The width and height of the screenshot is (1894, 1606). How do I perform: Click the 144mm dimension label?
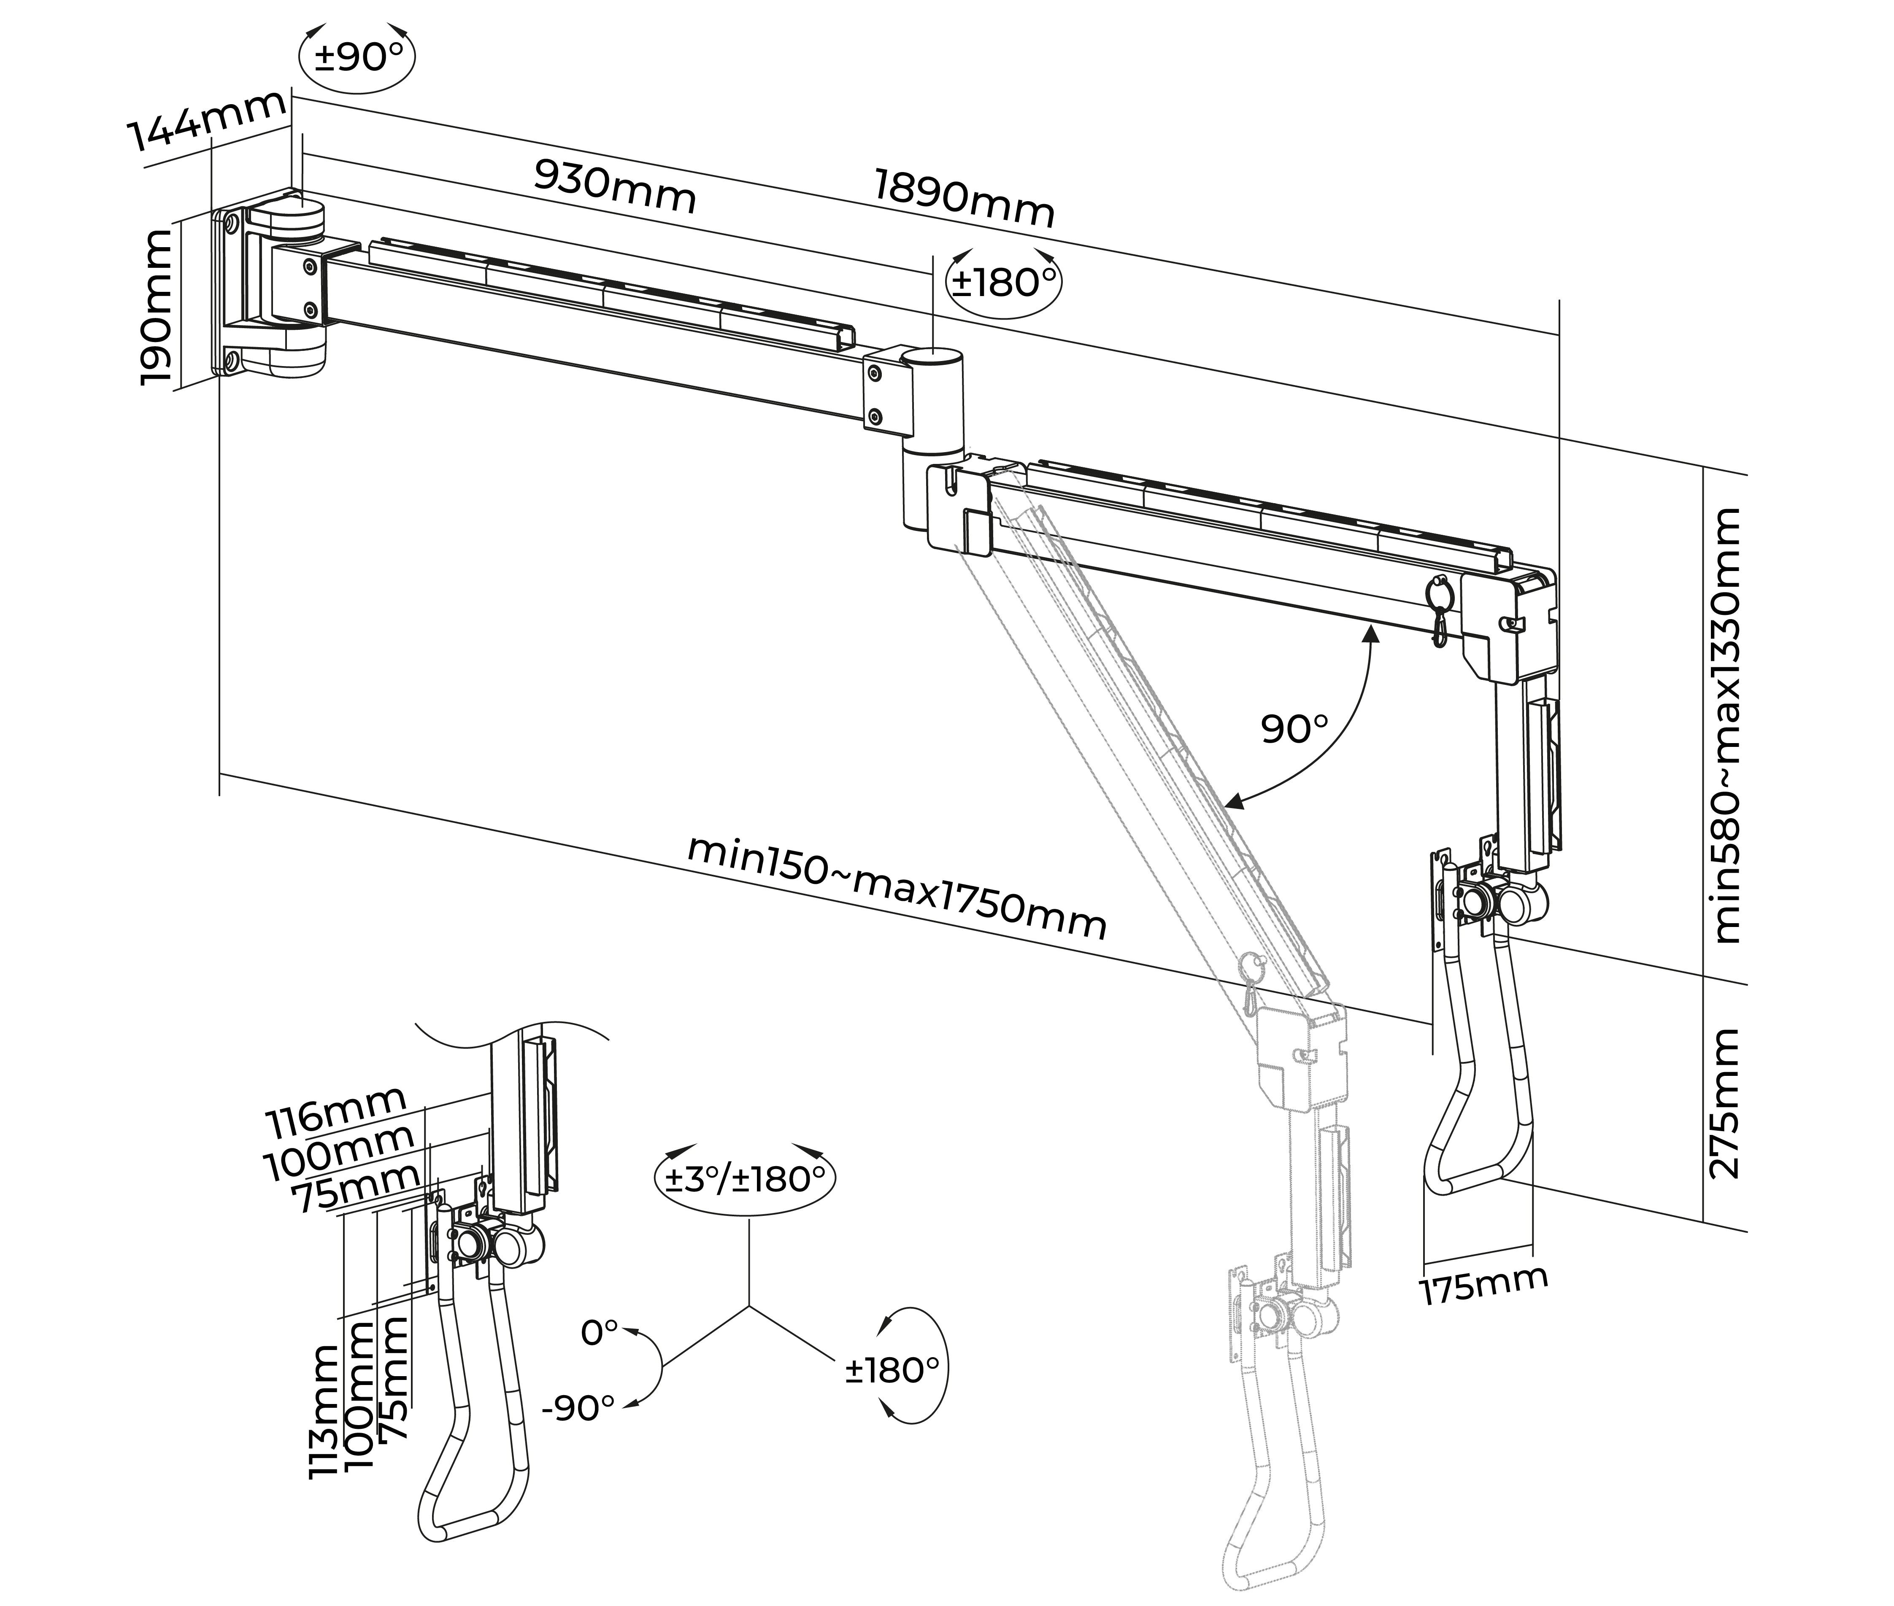208,120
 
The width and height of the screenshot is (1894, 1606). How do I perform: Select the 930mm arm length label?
615,186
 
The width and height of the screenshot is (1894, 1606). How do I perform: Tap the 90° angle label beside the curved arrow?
1294,728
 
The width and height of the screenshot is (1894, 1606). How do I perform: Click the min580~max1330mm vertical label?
1726,726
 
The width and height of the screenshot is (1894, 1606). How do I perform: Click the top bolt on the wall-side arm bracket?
311,265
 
